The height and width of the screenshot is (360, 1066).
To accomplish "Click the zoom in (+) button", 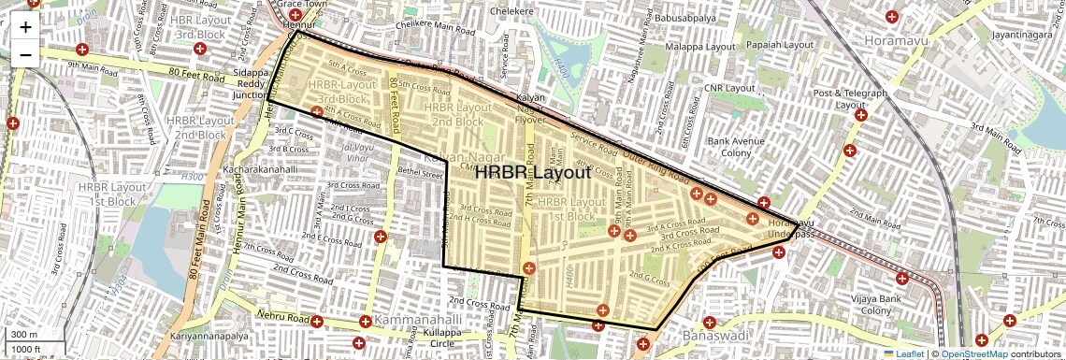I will coord(25,27).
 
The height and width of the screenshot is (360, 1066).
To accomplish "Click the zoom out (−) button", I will coord(25,54).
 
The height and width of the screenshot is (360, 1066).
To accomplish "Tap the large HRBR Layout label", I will coord(533,173).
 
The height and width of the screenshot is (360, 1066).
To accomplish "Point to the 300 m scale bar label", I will coord(24,335).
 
